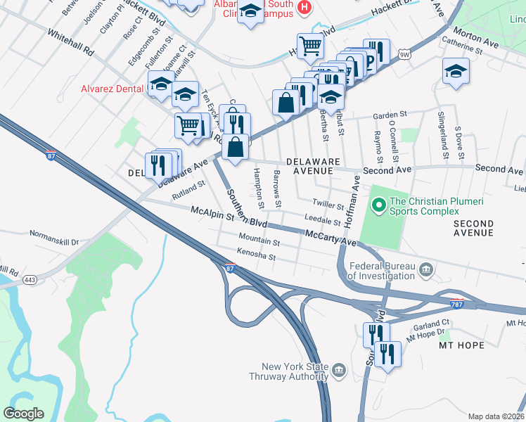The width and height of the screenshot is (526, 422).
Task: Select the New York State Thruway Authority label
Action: [x=294, y=371]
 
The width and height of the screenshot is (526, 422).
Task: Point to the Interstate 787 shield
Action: [x=457, y=303]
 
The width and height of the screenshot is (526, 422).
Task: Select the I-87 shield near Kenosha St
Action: [x=229, y=268]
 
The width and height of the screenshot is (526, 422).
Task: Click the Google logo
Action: [x=24, y=413]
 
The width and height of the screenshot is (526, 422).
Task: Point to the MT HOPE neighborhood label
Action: [x=461, y=345]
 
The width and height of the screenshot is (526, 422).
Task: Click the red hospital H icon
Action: [x=304, y=8]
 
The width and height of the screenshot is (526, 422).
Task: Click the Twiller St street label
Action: [x=328, y=204]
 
